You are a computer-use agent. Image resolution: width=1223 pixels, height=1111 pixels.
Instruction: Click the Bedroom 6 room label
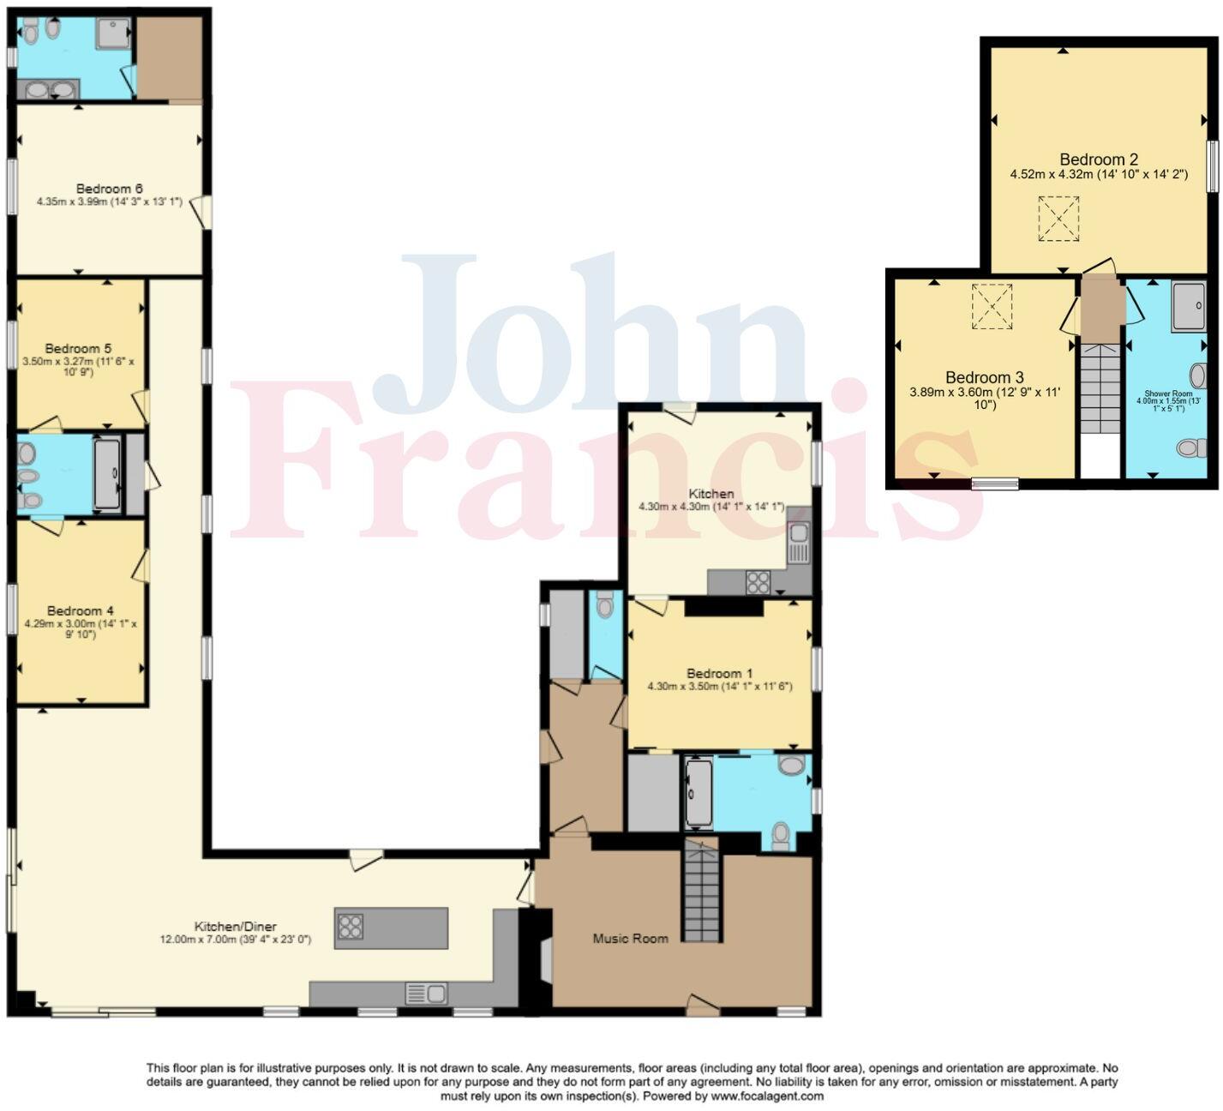[109, 189]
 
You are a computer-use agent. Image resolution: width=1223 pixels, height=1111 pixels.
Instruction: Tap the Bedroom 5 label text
[78, 348]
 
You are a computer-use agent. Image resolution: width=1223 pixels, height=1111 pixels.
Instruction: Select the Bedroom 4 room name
[80, 610]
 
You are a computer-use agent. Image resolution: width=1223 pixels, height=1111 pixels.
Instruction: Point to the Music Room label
[630, 939]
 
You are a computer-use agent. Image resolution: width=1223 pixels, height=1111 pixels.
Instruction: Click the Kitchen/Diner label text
[235, 927]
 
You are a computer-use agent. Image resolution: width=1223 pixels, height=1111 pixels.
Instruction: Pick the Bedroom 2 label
[1098, 159]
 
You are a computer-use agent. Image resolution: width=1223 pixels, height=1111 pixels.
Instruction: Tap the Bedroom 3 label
[984, 377]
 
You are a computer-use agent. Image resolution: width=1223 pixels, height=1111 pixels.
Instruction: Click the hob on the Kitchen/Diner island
[350, 927]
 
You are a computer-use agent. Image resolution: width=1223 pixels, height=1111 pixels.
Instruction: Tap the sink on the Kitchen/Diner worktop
[426, 994]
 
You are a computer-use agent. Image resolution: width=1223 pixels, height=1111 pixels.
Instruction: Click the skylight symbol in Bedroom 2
[1058, 219]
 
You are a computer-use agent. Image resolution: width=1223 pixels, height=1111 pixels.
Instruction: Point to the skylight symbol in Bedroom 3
[992, 306]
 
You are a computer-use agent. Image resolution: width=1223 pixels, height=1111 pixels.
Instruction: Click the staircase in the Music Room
[701, 892]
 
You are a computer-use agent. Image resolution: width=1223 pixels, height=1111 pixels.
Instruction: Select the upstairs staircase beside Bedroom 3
[1100, 390]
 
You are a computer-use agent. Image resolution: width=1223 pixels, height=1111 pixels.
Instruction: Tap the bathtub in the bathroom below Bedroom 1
[698, 794]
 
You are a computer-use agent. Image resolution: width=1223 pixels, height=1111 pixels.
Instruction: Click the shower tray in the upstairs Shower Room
[1189, 305]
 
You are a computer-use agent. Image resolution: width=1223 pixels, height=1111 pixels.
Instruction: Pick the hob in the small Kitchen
[758, 582]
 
